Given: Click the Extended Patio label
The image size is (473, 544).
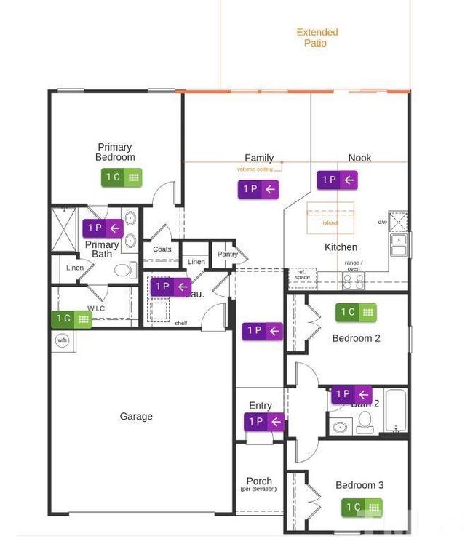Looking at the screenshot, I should pos(317,38).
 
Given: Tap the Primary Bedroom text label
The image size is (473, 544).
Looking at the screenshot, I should pos(115,152).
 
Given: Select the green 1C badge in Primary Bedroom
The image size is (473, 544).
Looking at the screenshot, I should pos(122,177).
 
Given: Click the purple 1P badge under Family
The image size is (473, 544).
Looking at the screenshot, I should pos(258,189).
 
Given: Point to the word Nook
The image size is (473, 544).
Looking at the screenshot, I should pos(359,158).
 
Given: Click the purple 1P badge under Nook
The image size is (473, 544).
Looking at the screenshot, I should pos(338,180).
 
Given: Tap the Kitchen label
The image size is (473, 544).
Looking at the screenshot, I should pos(341,247).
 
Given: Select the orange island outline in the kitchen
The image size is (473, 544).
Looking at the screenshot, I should pos(330,217).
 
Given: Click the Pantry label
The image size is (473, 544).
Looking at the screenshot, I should pos(227,255).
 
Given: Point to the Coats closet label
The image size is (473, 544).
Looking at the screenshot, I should pos(162,249).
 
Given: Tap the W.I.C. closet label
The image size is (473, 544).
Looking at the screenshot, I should pos(98,308).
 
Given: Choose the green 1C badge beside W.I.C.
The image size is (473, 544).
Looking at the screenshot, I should pos(71,319).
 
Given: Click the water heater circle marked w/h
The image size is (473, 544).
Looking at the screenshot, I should pos(62,339).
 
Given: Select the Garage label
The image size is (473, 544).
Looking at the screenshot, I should pos(136,417).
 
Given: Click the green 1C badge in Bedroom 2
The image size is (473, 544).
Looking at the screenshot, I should pos(356,312).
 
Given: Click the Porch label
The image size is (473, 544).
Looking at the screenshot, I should pos(259,481).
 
